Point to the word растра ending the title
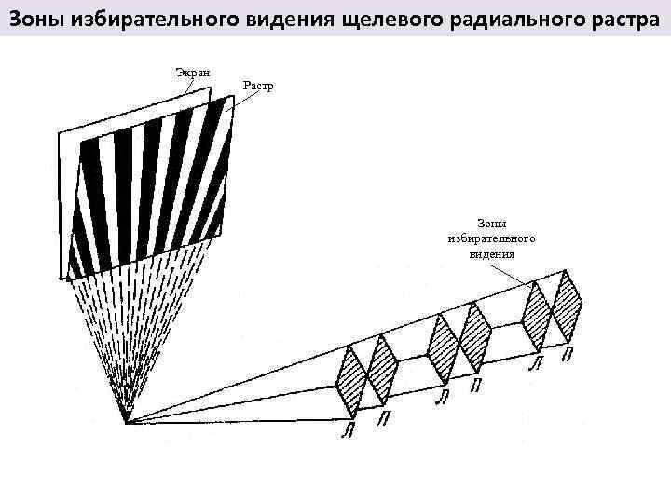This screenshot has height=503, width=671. point(618,16)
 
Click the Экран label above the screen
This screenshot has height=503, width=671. point(193,72)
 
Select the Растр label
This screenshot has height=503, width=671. point(258,87)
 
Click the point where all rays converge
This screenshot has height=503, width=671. point(125,422)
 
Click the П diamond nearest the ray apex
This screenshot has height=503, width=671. point(382,372)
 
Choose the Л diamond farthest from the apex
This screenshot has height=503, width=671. point(537,312)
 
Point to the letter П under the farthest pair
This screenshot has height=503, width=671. point(568,355)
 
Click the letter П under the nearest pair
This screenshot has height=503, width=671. point(384,420)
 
